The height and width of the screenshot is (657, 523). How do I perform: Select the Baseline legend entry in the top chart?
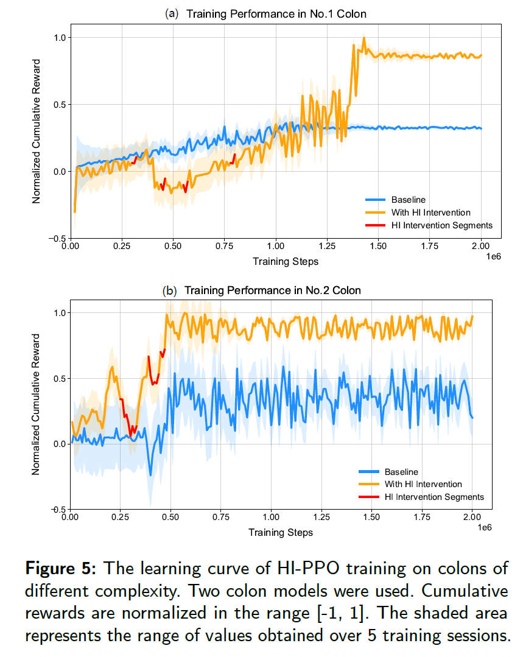pyautogui.click(x=408, y=200)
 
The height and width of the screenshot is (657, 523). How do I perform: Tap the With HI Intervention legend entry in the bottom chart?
pyautogui.click(x=423, y=484)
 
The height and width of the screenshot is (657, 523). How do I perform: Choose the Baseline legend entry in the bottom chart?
pyautogui.click(x=401, y=471)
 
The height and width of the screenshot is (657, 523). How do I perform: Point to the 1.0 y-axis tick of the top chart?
pyautogui.click(x=58, y=37)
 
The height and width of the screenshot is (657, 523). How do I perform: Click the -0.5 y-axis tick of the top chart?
pyautogui.click(x=56, y=238)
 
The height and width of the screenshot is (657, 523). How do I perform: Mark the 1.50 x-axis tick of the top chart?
pyautogui.click(x=378, y=248)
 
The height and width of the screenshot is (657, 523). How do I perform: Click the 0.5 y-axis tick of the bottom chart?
pyautogui.click(x=58, y=378)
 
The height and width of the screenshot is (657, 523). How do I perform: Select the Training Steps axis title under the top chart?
pyautogui.click(x=286, y=262)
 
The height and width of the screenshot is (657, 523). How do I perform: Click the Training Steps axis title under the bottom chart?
pyautogui.click(x=281, y=532)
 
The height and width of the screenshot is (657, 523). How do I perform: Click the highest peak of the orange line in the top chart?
pyautogui.click(x=364, y=38)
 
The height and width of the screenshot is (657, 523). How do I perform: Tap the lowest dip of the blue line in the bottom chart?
pyautogui.click(x=151, y=474)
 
